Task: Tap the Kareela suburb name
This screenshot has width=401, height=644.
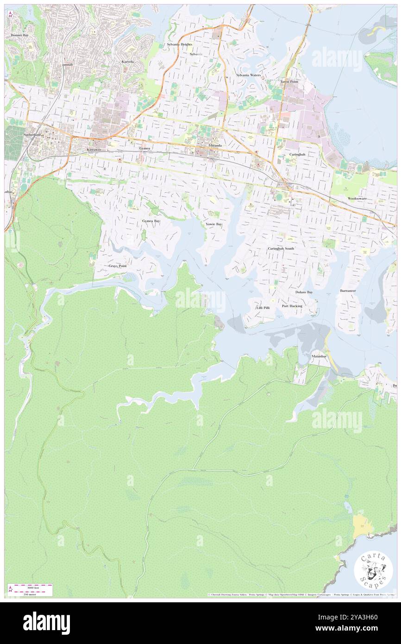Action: [x=127, y=62]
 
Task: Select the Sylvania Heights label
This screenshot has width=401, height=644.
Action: [x=179, y=44]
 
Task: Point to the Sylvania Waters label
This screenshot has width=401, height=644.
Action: [x=248, y=75]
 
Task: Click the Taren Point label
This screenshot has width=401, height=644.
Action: [x=289, y=82]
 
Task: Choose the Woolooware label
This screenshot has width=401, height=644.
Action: [x=357, y=198]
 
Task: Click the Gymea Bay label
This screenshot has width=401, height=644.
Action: [x=151, y=221]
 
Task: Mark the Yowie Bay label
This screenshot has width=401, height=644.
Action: [x=213, y=224]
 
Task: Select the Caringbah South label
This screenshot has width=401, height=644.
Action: [x=281, y=249]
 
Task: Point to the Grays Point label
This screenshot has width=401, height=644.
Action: [x=118, y=266]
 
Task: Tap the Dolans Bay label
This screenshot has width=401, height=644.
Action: [x=304, y=292]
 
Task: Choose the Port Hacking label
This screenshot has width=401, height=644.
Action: [x=292, y=306]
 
